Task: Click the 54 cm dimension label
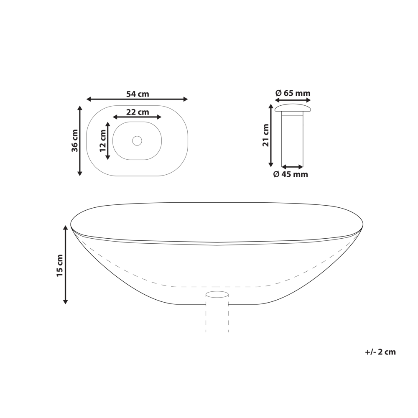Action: pyautogui.click(x=138, y=94)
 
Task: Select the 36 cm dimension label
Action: pyautogui.click(x=75, y=140)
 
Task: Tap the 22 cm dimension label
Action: pyautogui.click(x=138, y=112)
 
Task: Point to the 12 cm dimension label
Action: pyautogui.click(x=103, y=140)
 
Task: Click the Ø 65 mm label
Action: pyautogui.click(x=293, y=93)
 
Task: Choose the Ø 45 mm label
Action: pyautogui.click(x=291, y=174)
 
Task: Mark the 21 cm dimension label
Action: pyautogui.click(x=265, y=135)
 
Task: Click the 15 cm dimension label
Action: pyautogui.click(x=60, y=265)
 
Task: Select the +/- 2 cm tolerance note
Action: pyautogui.click(x=380, y=352)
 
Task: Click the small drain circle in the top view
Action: pyautogui.click(x=137, y=141)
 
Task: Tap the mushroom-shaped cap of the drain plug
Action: pyautogui.click(x=293, y=108)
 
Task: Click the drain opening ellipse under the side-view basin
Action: pyautogui.click(x=217, y=295)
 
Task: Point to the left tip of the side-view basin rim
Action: pyautogui.click(x=71, y=225)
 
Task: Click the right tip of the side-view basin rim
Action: pyautogui.click(x=362, y=225)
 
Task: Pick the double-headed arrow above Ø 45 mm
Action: pyautogui.click(x=292, y=167)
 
